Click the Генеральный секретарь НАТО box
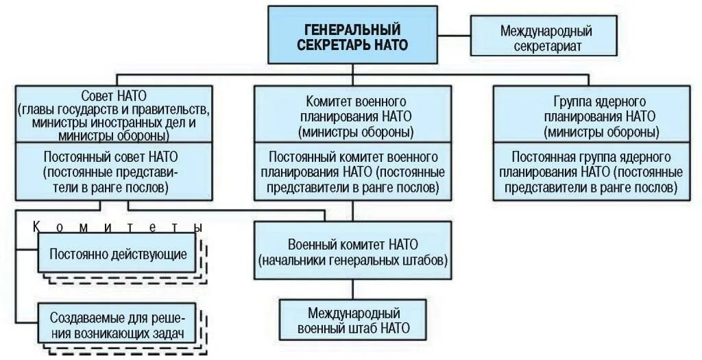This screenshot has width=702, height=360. pyautogui.click(x=352, y=36)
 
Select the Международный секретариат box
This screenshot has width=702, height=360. pyautogui.click(x=546, y=38)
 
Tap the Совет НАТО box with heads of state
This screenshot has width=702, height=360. pyautogui.click(x=113, y=115)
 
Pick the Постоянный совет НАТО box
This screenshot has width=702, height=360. pyautogui.click(x=113, y=171)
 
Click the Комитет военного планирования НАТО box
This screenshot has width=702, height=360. pyautogui.click(x=352, y=115)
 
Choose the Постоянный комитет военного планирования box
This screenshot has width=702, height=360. pyautogui.click(x=352, y=171)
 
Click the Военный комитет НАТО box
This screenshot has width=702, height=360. pyautogui.click(x=352, y=251)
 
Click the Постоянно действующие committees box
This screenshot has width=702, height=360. pyautogui.click(x=118, y=254)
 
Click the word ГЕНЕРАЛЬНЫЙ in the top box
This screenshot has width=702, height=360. pyautogui.click(x=352, y=29)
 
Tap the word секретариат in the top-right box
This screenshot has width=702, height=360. pyautogui.click(x=546, y=46)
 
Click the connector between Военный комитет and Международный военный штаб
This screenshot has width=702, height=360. pyautogui.click(x=352, y=289)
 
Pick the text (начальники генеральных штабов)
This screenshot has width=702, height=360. pyautogui.click(x=352, y=261)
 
